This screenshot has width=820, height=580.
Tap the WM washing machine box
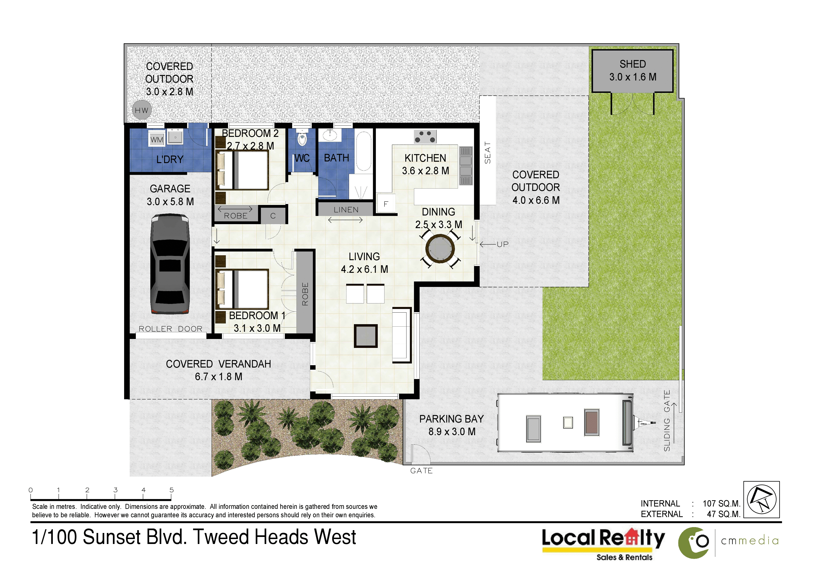tap(157, 139)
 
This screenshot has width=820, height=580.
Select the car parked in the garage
tap(170, 264)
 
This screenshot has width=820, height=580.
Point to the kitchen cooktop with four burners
tap(425, 136)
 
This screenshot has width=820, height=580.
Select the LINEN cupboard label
tap(346, 210)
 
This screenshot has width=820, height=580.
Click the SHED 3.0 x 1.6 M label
tap(633, 70)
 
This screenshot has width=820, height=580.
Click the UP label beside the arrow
tap(503, 244)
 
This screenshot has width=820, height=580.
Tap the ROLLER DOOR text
tap(170, 329)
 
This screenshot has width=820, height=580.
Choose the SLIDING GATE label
tap(667, 421)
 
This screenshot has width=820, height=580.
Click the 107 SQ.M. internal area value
tap(721, 503)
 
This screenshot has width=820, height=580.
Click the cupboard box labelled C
tap(273, 215)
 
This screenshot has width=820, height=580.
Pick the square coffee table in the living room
tap(366, 336)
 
